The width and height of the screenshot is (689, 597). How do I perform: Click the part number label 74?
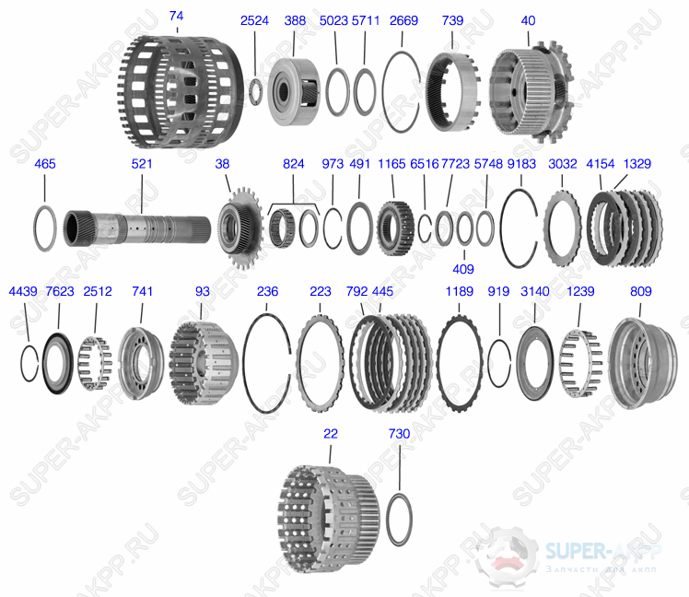click(x=177, y=17)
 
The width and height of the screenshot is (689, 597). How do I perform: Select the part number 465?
click(x=44, y=164)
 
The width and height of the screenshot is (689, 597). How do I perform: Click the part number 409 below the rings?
click(x=463, y=270)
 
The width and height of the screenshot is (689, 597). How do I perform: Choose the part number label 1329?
click(x=636, y=164)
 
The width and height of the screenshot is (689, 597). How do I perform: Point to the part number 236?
click(x=267, y=291)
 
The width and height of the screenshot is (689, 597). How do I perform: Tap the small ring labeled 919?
click(x=498, y=363)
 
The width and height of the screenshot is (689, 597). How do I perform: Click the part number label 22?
click(x=329, y=433)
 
